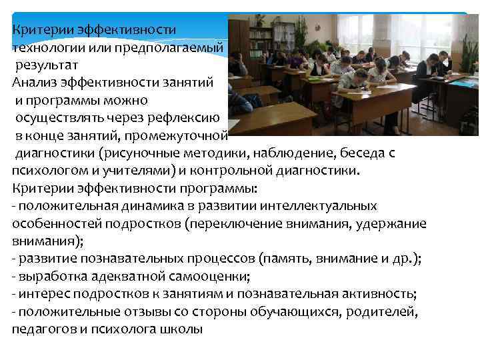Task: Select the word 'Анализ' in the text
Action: [33, 82]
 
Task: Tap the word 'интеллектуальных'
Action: [319, 205]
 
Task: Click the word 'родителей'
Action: [385, 312]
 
